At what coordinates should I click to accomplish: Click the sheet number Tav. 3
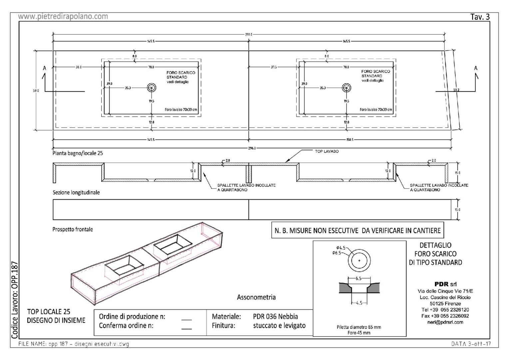click(x=480, y=17)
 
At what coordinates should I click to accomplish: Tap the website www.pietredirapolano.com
click(x=63, y=16)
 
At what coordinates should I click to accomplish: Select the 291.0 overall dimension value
click(x=249, y=34)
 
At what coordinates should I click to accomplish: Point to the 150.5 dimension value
click(x=349, y=140)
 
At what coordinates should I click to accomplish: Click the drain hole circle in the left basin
click(x=152, y=88)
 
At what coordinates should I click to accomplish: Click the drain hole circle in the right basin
click(x=347, y=88)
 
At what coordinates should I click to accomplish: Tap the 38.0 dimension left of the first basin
click(x=78, y=67)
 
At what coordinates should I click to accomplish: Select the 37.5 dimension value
click(x=273, y=67)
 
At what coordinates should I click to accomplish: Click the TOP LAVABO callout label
click(x=327, y=151)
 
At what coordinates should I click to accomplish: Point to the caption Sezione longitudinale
click(x=76, y=193)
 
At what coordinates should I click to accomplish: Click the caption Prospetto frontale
click(x=73, y=230)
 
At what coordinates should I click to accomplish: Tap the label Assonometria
click(x=256, y=297)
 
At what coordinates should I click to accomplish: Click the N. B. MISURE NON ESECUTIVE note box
click(x=357, y=230)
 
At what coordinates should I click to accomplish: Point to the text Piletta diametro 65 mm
click(x=359, y=327)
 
